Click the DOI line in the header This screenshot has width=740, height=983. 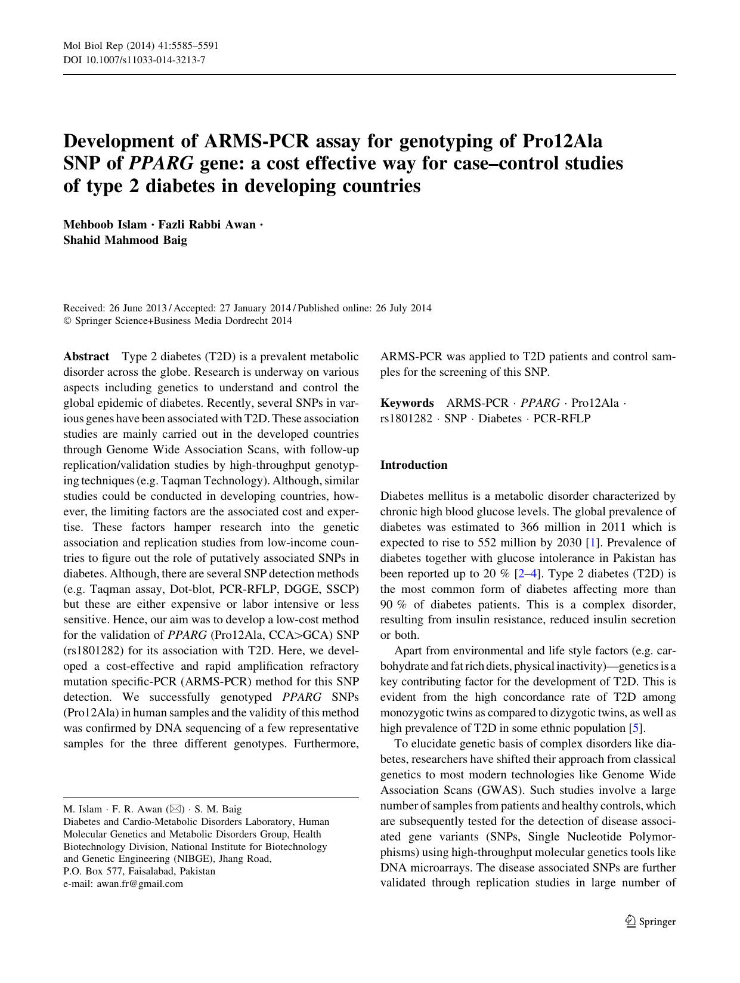134,60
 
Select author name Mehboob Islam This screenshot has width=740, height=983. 105,225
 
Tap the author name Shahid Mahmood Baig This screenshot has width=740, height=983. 125,240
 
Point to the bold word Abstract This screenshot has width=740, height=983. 86,357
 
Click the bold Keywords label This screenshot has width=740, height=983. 407,403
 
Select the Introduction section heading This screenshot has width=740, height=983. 414,465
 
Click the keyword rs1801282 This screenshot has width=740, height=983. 406,419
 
